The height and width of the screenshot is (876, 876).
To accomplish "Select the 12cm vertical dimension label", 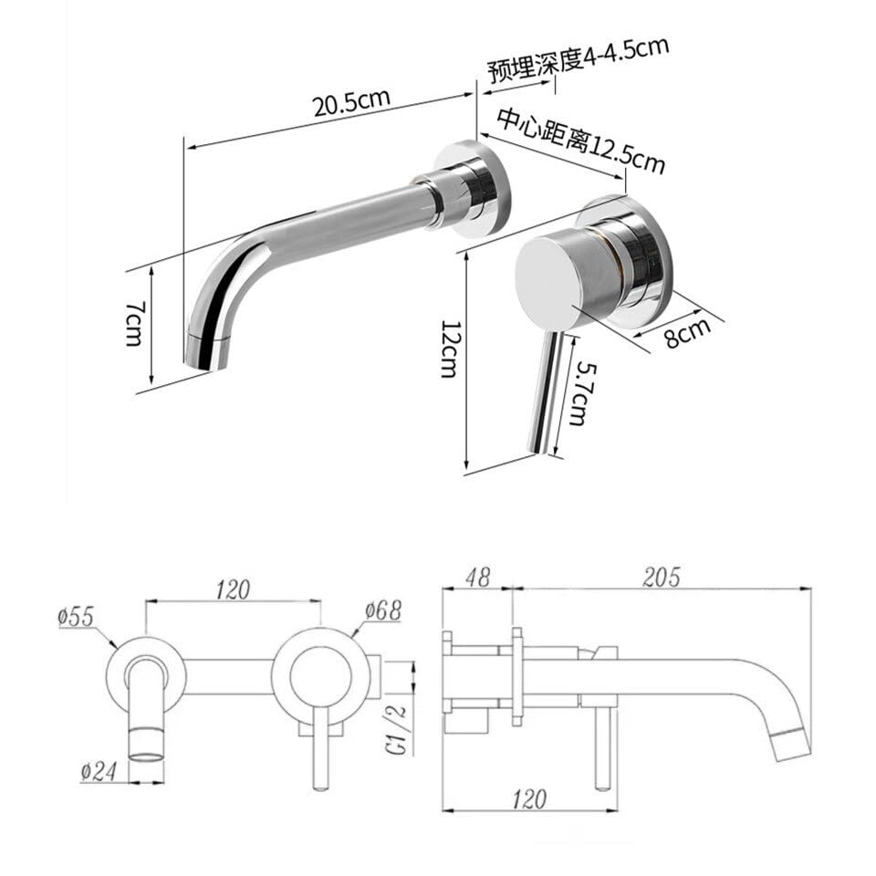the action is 450,349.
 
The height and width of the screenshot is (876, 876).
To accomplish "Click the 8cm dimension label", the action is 687,332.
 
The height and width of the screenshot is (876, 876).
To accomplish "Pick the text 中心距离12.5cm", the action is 581,141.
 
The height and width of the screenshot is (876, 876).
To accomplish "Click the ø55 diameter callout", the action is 77,618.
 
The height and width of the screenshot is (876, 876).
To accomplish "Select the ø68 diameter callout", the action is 383,610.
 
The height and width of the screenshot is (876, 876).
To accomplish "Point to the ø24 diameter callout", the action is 99,772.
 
